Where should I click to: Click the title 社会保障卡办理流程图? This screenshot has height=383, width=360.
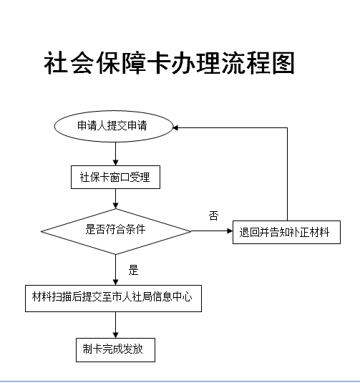point(169,63)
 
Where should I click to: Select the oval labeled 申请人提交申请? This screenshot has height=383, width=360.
point(114,126)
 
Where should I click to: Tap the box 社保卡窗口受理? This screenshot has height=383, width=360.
point(115,177)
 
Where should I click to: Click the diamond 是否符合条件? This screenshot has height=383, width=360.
point(116,231)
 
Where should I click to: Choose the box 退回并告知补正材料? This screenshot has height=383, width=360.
point(286,232)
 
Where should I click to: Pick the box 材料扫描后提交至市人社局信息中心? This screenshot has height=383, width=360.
point(113,299)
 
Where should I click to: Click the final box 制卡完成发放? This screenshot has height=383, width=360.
point(115,350)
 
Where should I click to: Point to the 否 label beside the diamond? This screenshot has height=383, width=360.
point(213,215)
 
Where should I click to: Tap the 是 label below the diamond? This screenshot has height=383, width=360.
point(133,270)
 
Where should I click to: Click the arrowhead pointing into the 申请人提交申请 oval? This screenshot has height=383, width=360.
point(176,127)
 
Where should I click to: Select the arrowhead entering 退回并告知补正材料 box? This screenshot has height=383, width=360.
point(230,231)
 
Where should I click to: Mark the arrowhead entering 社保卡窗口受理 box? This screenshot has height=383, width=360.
point(115,163)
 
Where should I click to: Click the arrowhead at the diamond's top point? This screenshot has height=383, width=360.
point(115,205)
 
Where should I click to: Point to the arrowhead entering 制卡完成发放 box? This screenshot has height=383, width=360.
point(115,335)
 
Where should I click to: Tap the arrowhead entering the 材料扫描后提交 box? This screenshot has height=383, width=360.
point(115,282)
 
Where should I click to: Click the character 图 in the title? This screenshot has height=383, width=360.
point(283,63)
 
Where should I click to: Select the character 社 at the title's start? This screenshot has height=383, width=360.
point(56,63)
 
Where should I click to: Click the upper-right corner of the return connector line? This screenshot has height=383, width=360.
point(287,127)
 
